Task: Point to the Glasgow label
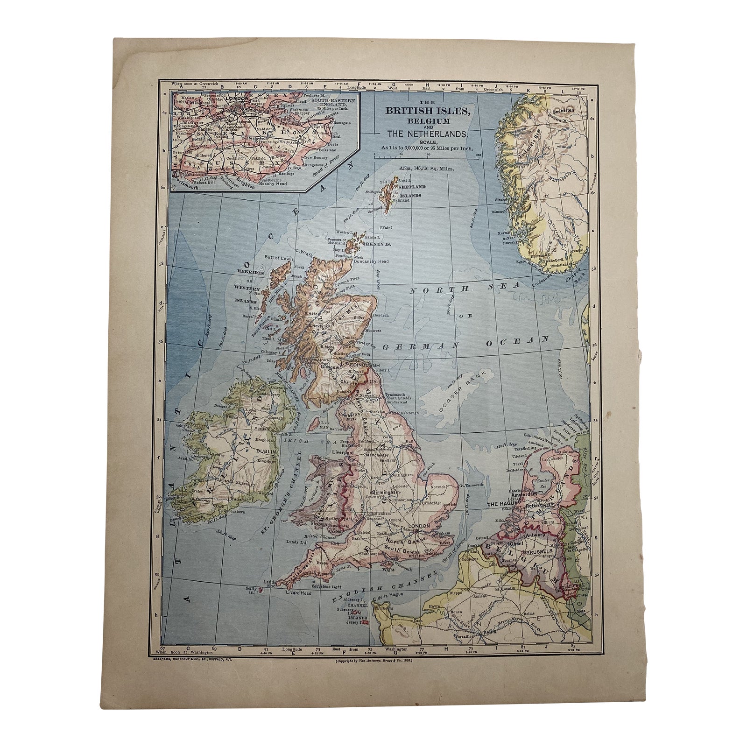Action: pos(330,367)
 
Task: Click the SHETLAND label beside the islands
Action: pos(410,186)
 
